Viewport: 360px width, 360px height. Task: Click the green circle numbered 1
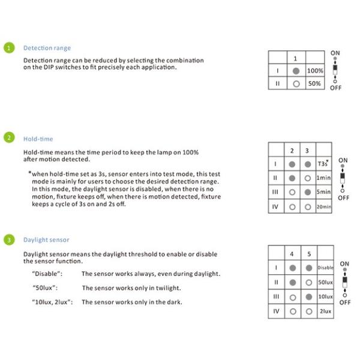[8, 48]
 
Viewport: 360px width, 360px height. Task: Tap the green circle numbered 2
[8, 138]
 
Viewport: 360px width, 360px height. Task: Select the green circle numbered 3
[8, 240]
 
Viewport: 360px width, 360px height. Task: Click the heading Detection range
[47, 48]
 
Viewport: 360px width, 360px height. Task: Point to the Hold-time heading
[38, 138]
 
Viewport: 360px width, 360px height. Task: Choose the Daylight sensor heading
[46, 240]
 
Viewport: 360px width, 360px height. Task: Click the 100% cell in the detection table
[315, 71]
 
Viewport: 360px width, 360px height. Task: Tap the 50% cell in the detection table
[315, 84]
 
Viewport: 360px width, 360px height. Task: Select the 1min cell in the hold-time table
[323, 178]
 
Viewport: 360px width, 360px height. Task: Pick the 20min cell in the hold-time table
[323, 207]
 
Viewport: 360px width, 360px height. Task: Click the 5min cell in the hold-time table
[323, 193]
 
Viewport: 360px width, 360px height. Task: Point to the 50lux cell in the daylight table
[325, 282]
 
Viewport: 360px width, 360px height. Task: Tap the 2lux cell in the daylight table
[325, 311]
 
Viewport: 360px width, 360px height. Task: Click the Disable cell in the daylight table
[325, 268]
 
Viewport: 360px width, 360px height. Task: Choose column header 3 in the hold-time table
[307, 150]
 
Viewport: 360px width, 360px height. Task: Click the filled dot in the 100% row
[296, 71]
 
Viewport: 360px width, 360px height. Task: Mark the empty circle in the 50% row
[296, 84]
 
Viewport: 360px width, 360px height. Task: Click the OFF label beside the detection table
[335, 88]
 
